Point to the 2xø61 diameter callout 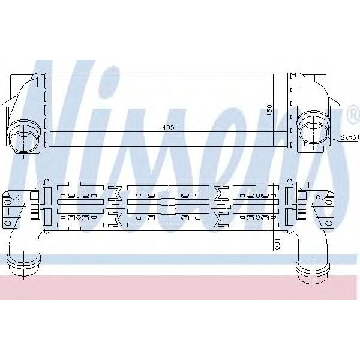point(349,137)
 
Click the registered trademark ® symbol point(352,112)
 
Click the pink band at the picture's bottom point(180,288)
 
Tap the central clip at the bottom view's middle point(169,205)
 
